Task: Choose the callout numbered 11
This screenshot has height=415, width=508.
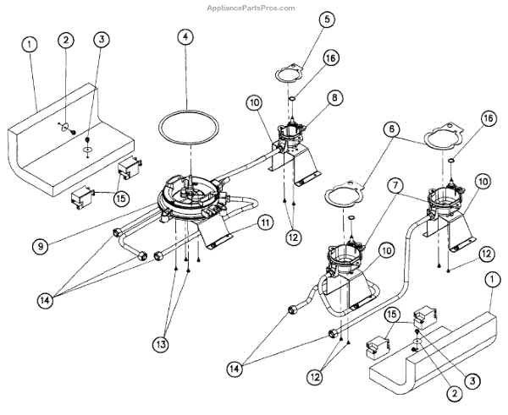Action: (x=265, y=223)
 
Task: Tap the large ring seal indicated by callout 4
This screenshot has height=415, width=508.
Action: (x=190, y=127)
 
